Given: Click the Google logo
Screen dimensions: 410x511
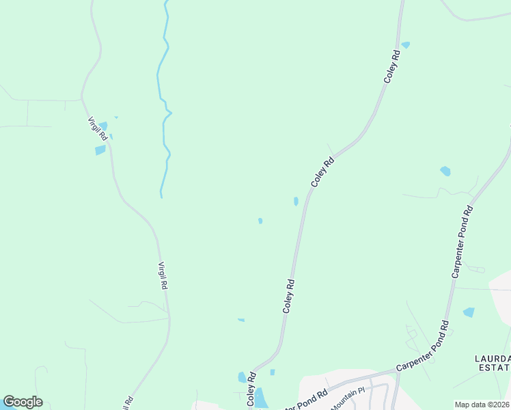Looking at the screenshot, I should click(23, 402).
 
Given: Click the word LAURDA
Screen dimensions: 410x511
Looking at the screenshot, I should click(493, 358).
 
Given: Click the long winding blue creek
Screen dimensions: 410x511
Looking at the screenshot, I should click(164, 102).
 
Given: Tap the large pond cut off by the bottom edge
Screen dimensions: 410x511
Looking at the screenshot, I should click(261, 398).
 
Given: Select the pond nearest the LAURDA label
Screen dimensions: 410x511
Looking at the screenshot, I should click(469, 312).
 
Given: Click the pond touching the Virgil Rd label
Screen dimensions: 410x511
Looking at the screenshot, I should click(103, 126).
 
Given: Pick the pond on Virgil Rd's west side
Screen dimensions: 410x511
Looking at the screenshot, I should click(100, 150).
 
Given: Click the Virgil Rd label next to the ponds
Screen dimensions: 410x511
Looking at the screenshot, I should click(97, 129).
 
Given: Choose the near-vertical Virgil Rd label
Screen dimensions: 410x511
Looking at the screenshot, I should click(163, 277).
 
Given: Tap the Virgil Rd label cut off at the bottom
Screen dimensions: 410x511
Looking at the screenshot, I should click(127, 402).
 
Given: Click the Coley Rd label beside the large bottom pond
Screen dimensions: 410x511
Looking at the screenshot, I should click(251, 390).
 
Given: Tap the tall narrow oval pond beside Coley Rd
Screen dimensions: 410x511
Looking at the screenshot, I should click(296, 202).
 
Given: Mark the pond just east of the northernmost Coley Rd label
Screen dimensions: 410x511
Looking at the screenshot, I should click(406, 45).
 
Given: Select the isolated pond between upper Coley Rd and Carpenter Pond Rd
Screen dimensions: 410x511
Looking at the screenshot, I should click(445, 171).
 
